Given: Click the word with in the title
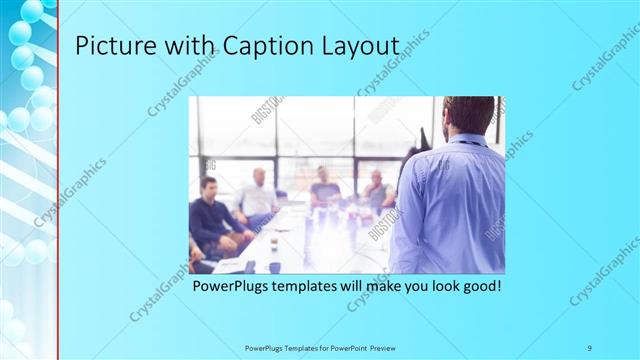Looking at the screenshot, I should [x=188, y=46].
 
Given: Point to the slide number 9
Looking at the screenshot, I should [x=590, y=347].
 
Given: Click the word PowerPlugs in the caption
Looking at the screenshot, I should [x=231, y=286].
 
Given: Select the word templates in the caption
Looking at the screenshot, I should [x=307, y=286].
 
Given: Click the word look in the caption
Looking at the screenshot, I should [x=435, y=286].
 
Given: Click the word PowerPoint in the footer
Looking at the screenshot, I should [x=346, y=347].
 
